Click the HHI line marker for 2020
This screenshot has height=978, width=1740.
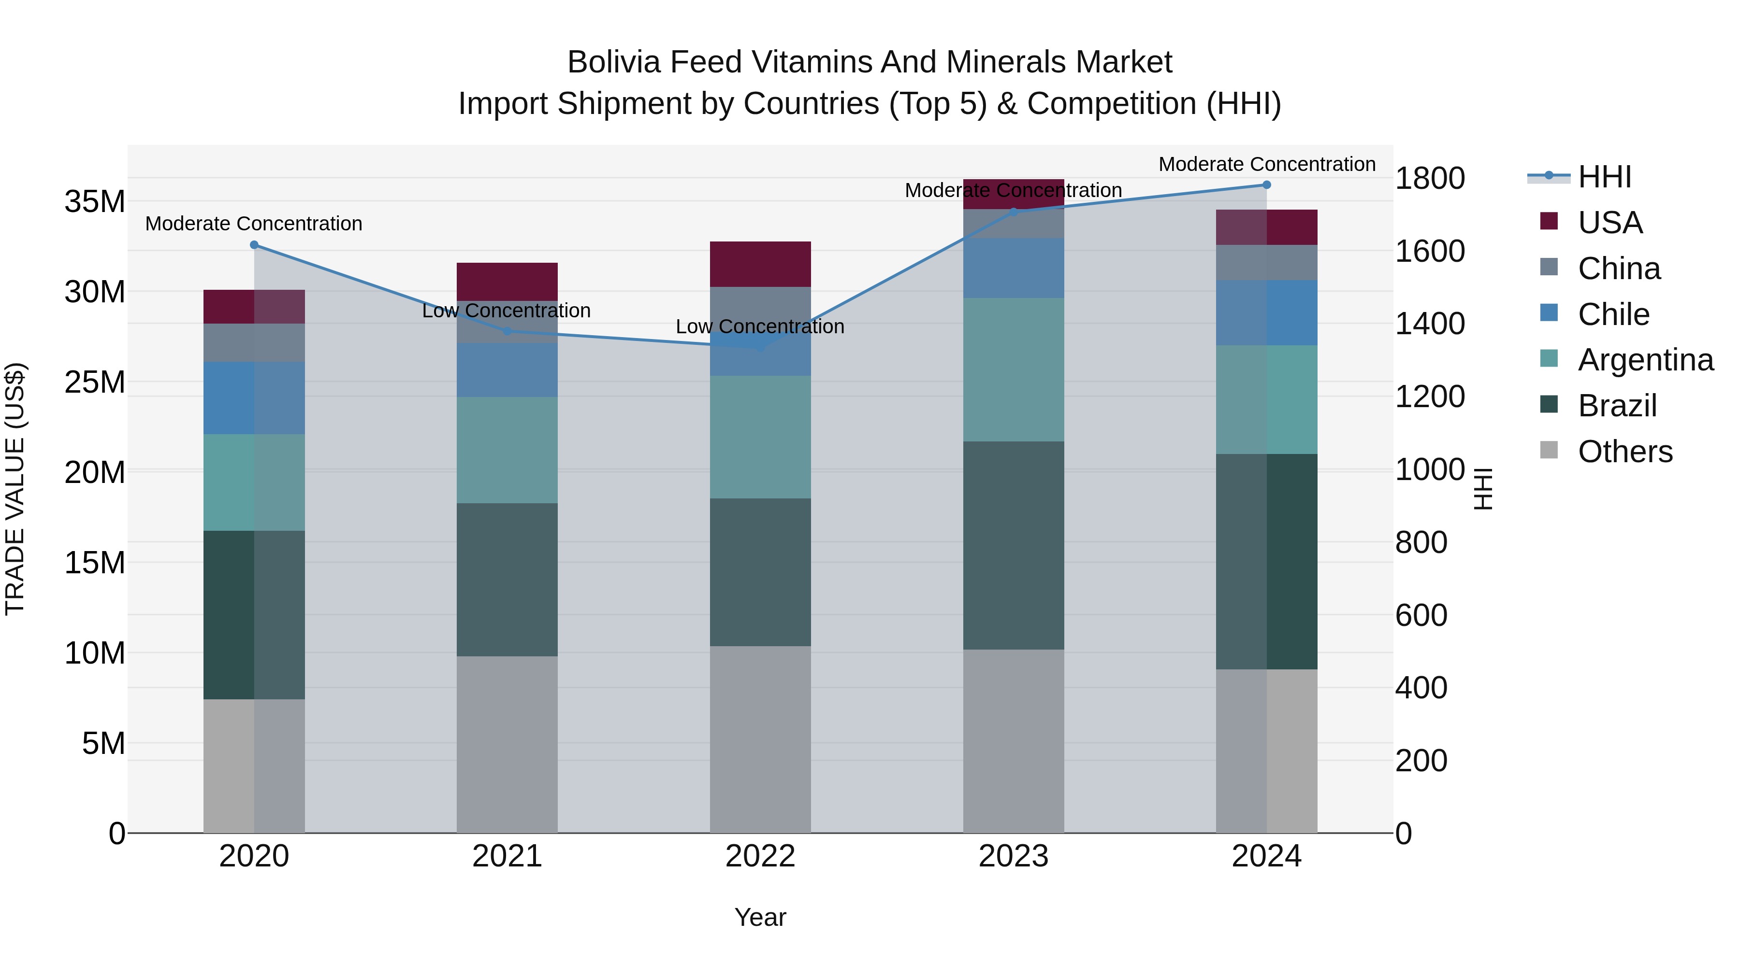point(254,245)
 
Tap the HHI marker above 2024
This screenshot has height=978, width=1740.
point(1266,185)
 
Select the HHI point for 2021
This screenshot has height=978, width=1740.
point(507,331)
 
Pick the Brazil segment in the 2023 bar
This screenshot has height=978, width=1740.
point(1013,545)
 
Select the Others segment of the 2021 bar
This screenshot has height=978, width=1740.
point(507,744)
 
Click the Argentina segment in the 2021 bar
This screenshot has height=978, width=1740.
point(507,450)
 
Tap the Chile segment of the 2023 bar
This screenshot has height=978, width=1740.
point(1013,268)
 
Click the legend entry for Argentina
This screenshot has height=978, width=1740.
point(1645,360)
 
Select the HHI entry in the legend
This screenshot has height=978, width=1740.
point(1604,177)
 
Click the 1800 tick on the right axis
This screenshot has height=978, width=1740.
point(1429,179)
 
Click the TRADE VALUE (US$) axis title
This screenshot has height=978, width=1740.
point(15,489)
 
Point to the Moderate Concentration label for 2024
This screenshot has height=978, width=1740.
point(1266,164)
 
